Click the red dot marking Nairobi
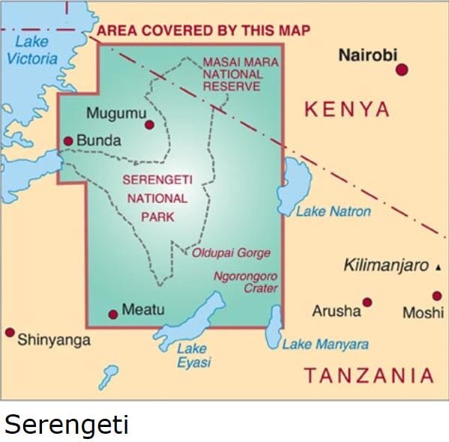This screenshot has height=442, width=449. coord(402,70)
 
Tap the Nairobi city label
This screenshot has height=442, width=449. coord(367,55)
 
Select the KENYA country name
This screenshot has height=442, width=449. coord(346,110)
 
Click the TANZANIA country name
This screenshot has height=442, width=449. coord(368,375)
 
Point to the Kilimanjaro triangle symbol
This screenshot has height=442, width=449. coord(439,267)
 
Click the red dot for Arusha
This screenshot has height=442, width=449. coord(367,303)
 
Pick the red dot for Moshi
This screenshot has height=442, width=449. coord(437,296)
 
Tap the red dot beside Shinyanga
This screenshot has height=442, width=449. coord(10,332)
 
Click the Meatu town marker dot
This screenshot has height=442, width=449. coord(112,313)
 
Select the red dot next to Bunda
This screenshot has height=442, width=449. coord(68,140)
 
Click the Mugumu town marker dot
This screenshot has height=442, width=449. coord(149,125)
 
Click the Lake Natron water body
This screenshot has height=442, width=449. coord(295,184)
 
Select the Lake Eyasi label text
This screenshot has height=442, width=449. coord(193,355)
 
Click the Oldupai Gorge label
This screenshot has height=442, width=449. coord(231,253)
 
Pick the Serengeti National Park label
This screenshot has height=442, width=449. coord(157,199)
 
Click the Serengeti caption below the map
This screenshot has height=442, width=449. coord(67,425)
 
